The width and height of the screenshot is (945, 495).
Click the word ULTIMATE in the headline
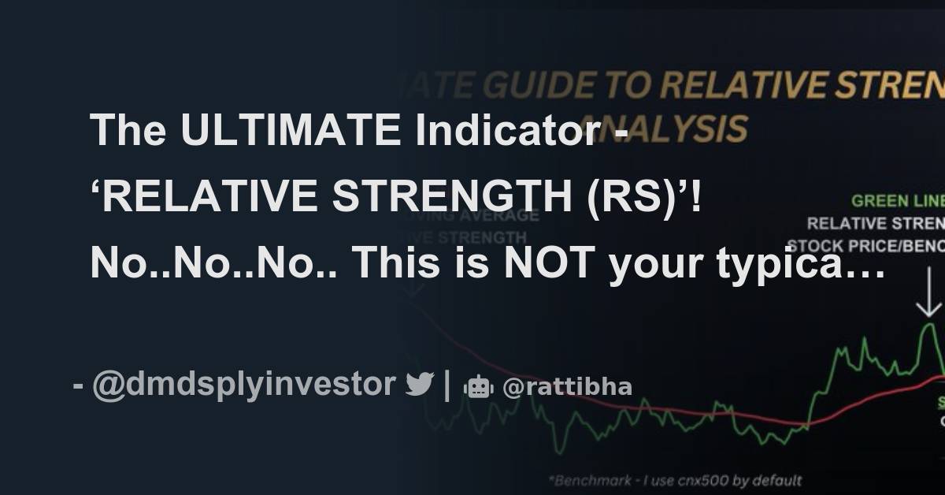click(x=290, y=130)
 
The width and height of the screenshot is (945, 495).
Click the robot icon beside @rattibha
click(x=479, y=386)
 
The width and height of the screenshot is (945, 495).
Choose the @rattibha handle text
click(x=567, y=386)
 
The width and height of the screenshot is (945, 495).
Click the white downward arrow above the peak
click(x=930, y=299)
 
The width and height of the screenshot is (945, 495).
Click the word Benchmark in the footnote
click(x=589, y=479)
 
